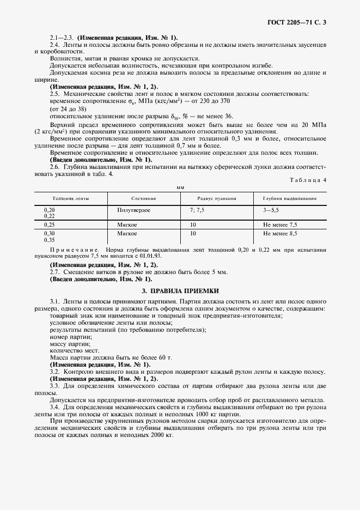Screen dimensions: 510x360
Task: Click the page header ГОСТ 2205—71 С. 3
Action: tap(300, 22)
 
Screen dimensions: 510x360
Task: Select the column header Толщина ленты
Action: tap(67, 199)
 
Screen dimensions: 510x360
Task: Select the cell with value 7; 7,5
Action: tap(197, 210)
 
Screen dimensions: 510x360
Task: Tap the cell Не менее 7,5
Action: tap(280, 224)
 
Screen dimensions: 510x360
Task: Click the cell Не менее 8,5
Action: tap(280, 233)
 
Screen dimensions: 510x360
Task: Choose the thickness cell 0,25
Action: tap(49, 224)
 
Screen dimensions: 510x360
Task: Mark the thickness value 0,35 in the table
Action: tap(49, 240)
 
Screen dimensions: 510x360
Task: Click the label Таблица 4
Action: tap(309, 179)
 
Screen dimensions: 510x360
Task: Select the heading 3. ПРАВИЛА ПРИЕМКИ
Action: tap(180, 291)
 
